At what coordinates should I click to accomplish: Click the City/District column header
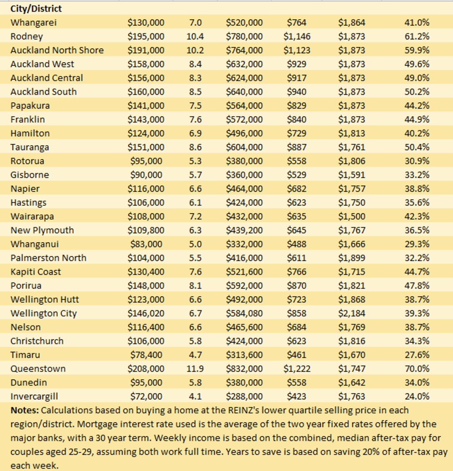[36, 9]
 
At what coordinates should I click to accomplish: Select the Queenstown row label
[38, 369]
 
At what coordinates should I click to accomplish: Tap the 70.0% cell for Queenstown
[417, 369]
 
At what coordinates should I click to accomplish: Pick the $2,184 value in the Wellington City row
[351, 313]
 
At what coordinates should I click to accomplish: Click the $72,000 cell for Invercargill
[146, 396]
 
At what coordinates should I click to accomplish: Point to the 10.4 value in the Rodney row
[195, 36]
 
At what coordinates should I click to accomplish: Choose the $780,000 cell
[245, 36]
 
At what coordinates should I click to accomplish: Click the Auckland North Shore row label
[57, 50]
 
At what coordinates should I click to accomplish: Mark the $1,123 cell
[297, 50]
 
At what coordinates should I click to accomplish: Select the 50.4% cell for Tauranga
[417, 147]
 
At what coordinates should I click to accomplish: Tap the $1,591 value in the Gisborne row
[351, 175]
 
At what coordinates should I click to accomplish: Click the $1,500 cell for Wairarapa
[351, 216]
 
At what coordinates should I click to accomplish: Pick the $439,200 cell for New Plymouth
[245, 230]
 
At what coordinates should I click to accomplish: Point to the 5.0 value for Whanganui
[195, 244]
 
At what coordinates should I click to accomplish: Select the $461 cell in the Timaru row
[297, 355]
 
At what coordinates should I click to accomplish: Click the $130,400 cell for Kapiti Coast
[146, 272]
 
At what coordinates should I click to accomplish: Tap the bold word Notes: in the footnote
[25, 410]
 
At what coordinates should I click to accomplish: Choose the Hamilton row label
[30, 133]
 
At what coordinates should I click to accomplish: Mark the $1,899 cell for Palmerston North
[351, 258]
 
